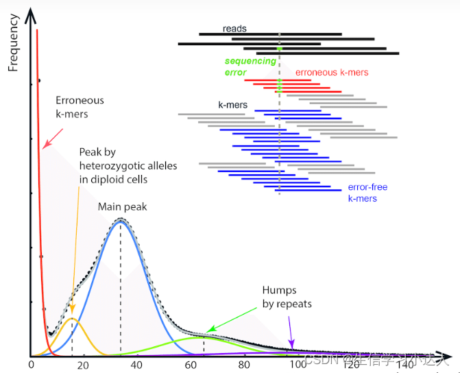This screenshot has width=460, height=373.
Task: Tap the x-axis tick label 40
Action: pos(136,365)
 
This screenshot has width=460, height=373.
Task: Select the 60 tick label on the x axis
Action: pos(191,365)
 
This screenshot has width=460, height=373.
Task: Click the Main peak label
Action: pos(122,206)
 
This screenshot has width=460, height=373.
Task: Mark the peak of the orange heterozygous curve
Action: pos(73,320)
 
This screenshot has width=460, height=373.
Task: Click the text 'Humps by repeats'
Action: pos(287,297)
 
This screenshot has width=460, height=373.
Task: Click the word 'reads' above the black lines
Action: pos(234,29)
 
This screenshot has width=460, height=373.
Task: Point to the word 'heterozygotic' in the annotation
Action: pos(110,165)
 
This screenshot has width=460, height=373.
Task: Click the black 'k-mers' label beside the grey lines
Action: pos(232,106)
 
